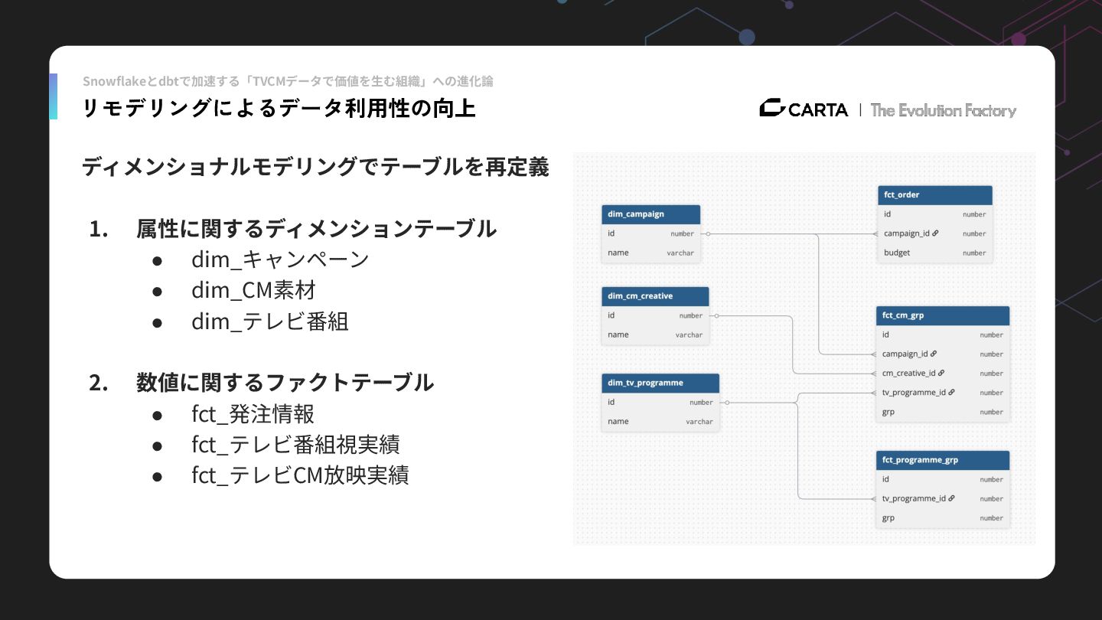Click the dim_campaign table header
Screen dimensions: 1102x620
pos(651,214)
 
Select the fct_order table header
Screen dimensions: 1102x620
pos(934,195)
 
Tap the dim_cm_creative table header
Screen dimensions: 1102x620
pos(655,296)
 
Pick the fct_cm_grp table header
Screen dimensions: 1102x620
pos(942,315)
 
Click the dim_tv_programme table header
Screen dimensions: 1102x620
pos(660,383)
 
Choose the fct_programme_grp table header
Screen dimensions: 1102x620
pos(942,460)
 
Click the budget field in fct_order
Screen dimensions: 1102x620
pos(897,253)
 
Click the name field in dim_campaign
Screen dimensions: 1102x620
pos(618,253)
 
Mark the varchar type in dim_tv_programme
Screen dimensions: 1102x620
pos(699,422)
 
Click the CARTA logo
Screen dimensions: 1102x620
pos(804,109)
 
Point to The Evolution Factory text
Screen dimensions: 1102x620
pos(943,110)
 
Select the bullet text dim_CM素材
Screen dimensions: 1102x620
pos(253,290)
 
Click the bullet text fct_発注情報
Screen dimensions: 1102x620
pos(253,414)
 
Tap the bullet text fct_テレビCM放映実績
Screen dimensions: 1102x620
pos(300,475)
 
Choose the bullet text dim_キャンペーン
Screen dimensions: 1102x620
pos(280,259)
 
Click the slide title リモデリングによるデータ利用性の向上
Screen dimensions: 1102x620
pos(279,109)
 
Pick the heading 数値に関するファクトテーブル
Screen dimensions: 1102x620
pos(285,382)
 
